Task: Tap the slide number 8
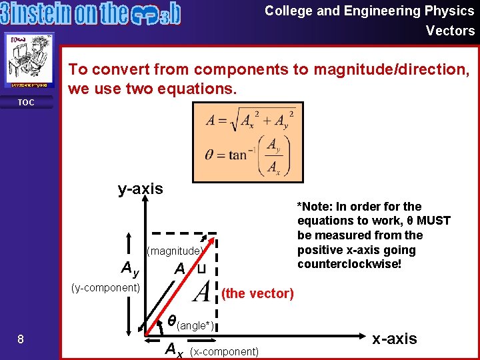(x=21, y=339)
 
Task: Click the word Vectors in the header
(x=450, y=31)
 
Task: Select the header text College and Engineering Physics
(x=369, y=11)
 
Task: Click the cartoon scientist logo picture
(x=29, y=61)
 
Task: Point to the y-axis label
(x=140, y=189)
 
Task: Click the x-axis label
(x=395, y=339)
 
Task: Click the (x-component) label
(x=224, y=351)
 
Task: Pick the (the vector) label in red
(x=257, y=293)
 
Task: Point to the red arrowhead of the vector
(x=211, y=241)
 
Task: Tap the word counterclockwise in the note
(x=341, y=265)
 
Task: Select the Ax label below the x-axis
(x=174, y=349)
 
